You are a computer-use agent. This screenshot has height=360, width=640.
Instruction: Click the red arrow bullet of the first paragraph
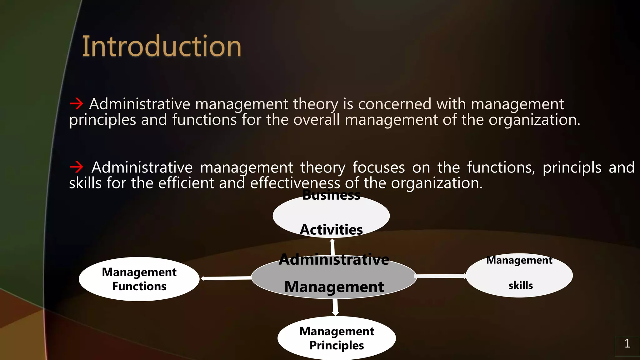[x=77, y=103]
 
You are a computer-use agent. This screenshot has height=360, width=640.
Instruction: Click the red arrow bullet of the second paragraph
[x=77, y=167]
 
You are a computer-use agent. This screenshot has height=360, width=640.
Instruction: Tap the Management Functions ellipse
[x=139, y=279]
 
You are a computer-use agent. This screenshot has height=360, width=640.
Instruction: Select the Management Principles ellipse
[x=337, y=338]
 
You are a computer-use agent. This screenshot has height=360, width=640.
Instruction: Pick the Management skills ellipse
[x=519, y=275]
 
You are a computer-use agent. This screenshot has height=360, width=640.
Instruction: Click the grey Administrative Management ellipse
[x=334, y=276]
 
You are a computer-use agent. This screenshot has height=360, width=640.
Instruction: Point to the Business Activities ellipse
[x=331, y=216]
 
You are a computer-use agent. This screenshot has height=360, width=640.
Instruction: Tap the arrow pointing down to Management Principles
[x=335, y=307]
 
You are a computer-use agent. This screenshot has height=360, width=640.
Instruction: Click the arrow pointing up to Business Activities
[x=332, y=247]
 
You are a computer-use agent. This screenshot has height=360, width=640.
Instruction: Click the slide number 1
[x=627, y=344]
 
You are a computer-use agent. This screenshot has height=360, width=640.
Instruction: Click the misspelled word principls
[x=572, y=167]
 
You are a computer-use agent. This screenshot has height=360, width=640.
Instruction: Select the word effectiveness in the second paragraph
[x=295, y=183]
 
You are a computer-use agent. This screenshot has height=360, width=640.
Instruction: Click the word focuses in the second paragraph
[x=378, y=167]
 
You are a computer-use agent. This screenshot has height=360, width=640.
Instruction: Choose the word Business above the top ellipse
[x=331, y=195]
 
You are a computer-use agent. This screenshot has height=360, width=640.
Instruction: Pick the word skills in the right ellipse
[x=521, y=285]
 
